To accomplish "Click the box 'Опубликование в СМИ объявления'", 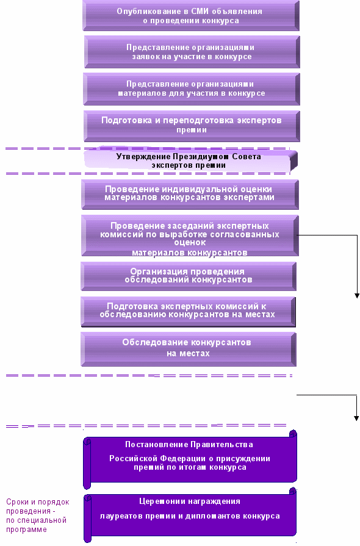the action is point(191,16).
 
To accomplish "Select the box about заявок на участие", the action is point(192,52).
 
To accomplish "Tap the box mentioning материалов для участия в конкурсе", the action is point(192,89).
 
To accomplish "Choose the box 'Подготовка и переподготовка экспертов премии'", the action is point(192,126).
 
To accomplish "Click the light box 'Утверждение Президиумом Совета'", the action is point(190,161).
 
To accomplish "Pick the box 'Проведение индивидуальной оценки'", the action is point(190,195).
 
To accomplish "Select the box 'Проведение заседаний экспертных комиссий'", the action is point(190,235).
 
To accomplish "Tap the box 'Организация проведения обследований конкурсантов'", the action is point(189,276).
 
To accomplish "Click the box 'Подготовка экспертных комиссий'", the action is point(188,312).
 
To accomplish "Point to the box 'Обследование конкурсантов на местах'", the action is point(189,349).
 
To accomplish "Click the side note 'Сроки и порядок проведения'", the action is point(38,515).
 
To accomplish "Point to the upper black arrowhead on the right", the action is point(357,296).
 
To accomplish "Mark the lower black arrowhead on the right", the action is point(356,418).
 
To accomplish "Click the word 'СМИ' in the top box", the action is point(200,12).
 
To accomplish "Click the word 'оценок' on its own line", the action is point(190,243).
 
